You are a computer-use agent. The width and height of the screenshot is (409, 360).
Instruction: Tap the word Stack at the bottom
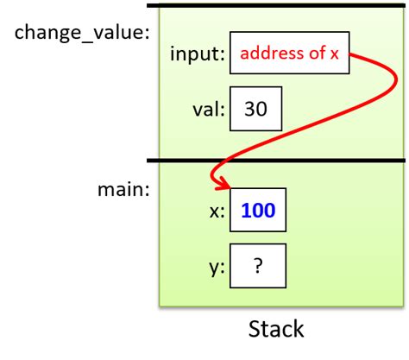click(275, 329)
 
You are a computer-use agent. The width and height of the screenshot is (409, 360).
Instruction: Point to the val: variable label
click(208, 110)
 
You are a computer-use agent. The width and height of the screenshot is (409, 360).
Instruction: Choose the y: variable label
click(216, 268)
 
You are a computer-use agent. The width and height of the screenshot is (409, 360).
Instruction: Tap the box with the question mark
click(258, 268)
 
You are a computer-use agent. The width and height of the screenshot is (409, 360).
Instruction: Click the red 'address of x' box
click(290, 55)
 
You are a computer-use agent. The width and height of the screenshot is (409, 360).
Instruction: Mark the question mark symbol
click(258, 268)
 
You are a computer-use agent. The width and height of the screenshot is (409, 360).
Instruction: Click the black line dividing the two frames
click(276, 160)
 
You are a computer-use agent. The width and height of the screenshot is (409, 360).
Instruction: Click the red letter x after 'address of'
click(335, 55)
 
